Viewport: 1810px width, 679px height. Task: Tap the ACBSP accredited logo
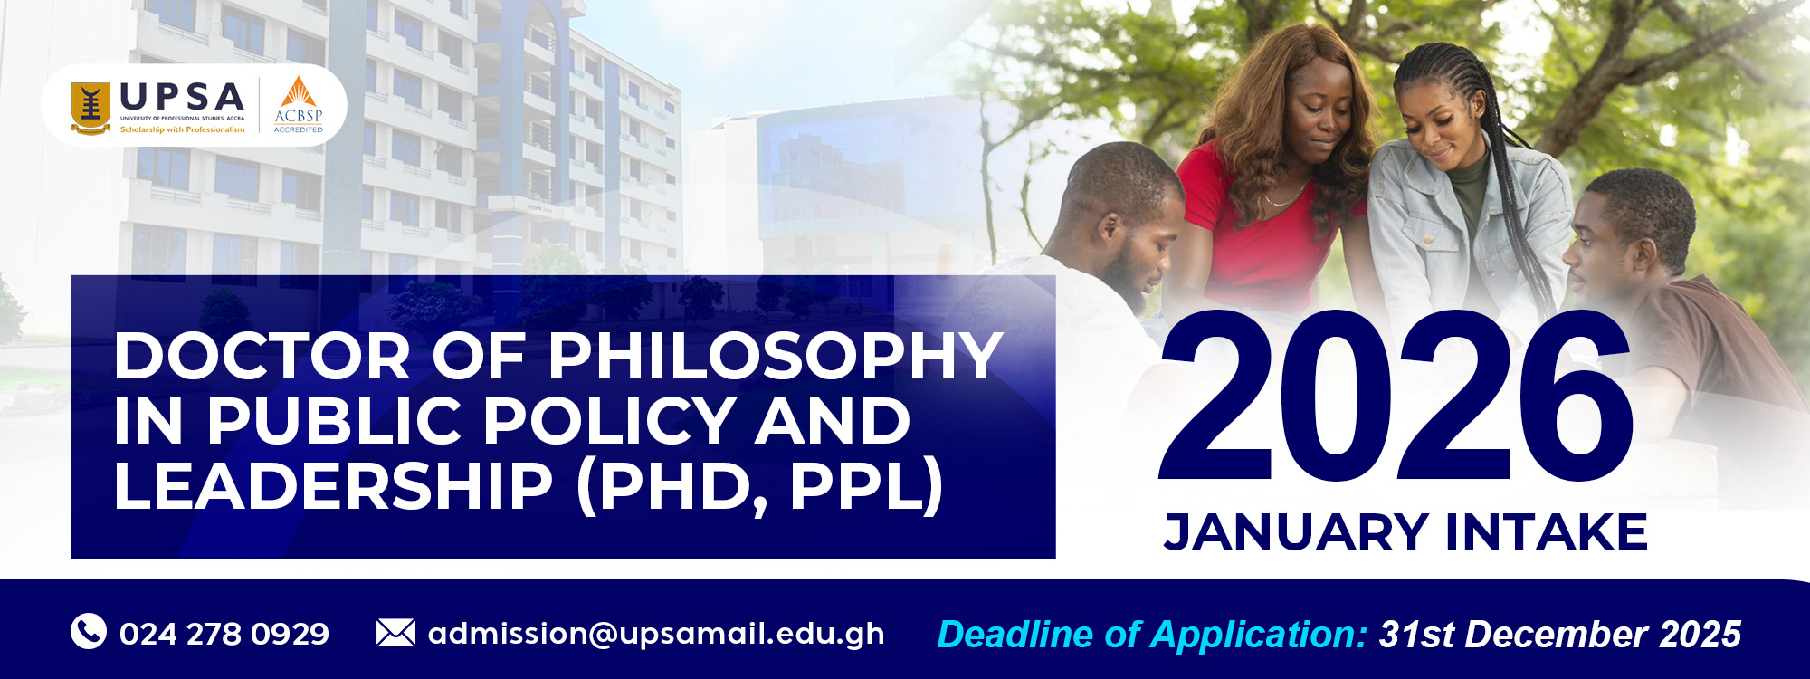[299, 105]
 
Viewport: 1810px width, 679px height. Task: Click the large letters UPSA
[182, 97]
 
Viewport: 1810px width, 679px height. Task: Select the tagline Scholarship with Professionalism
[182, 129]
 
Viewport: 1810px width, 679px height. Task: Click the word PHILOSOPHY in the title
[776, 356]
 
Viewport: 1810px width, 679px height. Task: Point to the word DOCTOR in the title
[262, 356]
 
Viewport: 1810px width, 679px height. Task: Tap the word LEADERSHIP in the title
[333, 485]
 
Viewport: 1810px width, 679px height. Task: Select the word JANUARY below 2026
[1296, 531]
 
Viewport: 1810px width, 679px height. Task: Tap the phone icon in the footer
[89, 631]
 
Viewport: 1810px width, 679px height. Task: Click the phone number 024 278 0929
[224, 634]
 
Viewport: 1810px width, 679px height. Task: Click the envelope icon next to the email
[395, 632]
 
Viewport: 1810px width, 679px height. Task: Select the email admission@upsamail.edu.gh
[656, 634]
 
